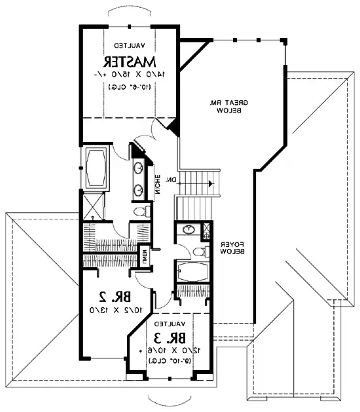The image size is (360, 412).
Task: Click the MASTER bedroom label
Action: (x=129, y=62)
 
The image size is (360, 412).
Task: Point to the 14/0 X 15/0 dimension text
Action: (x=129, y=75)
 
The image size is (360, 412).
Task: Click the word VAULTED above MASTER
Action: (x=129, y=47)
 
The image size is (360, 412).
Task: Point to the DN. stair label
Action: (x=170, y=180)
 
